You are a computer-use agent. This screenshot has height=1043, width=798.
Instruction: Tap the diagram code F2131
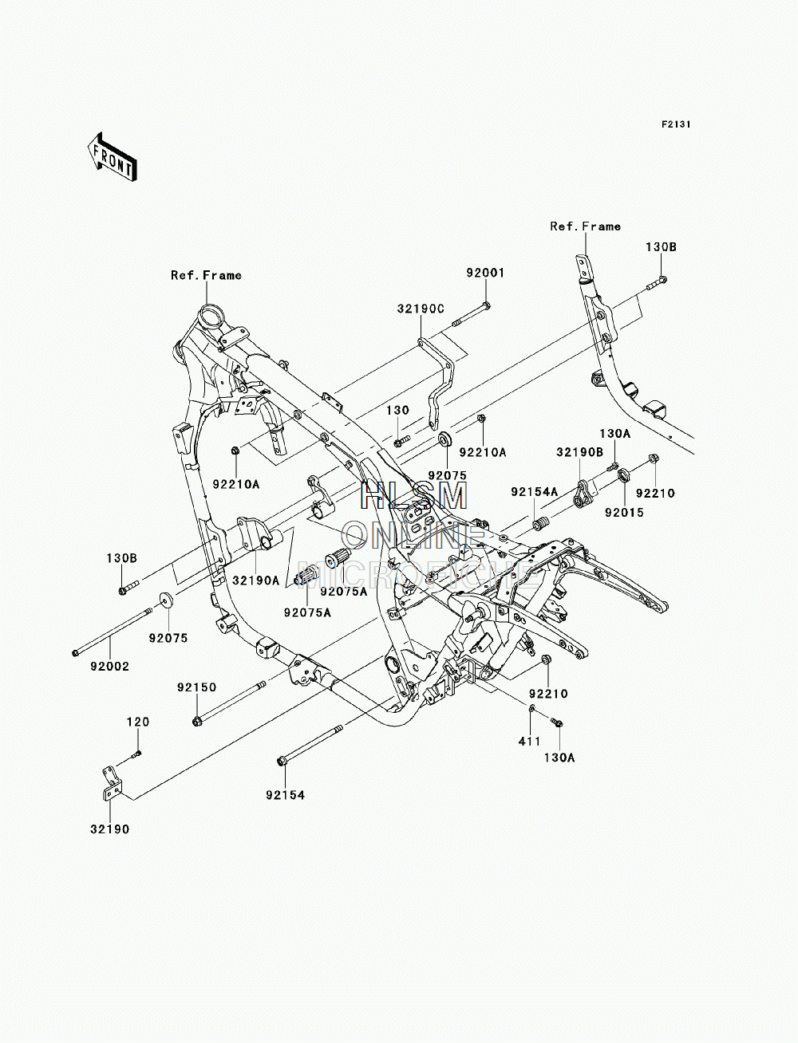point(676,124)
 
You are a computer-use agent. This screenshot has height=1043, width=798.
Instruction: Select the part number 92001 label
point(485,273)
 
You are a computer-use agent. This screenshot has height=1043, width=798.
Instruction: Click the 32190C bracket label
point(421,309)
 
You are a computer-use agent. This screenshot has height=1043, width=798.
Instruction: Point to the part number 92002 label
point(110,666)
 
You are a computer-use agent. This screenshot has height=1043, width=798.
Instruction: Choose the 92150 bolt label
point(197,687)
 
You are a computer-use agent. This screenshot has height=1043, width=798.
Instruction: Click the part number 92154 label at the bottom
point(285,794)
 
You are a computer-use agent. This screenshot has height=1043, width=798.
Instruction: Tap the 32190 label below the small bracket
point(110,829)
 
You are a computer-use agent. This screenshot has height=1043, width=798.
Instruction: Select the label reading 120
point(138,722)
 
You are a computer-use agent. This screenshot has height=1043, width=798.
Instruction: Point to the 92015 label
point(624,512)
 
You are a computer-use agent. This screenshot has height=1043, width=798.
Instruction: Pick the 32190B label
point(579,452)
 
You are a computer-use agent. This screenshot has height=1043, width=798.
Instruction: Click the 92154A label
point(534,492)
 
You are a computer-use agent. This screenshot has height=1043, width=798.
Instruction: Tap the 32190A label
point(256,580)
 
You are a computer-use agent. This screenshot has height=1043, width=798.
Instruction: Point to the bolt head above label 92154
point(281,762)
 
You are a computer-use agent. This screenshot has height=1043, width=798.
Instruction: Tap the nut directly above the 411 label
point(532,722)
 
